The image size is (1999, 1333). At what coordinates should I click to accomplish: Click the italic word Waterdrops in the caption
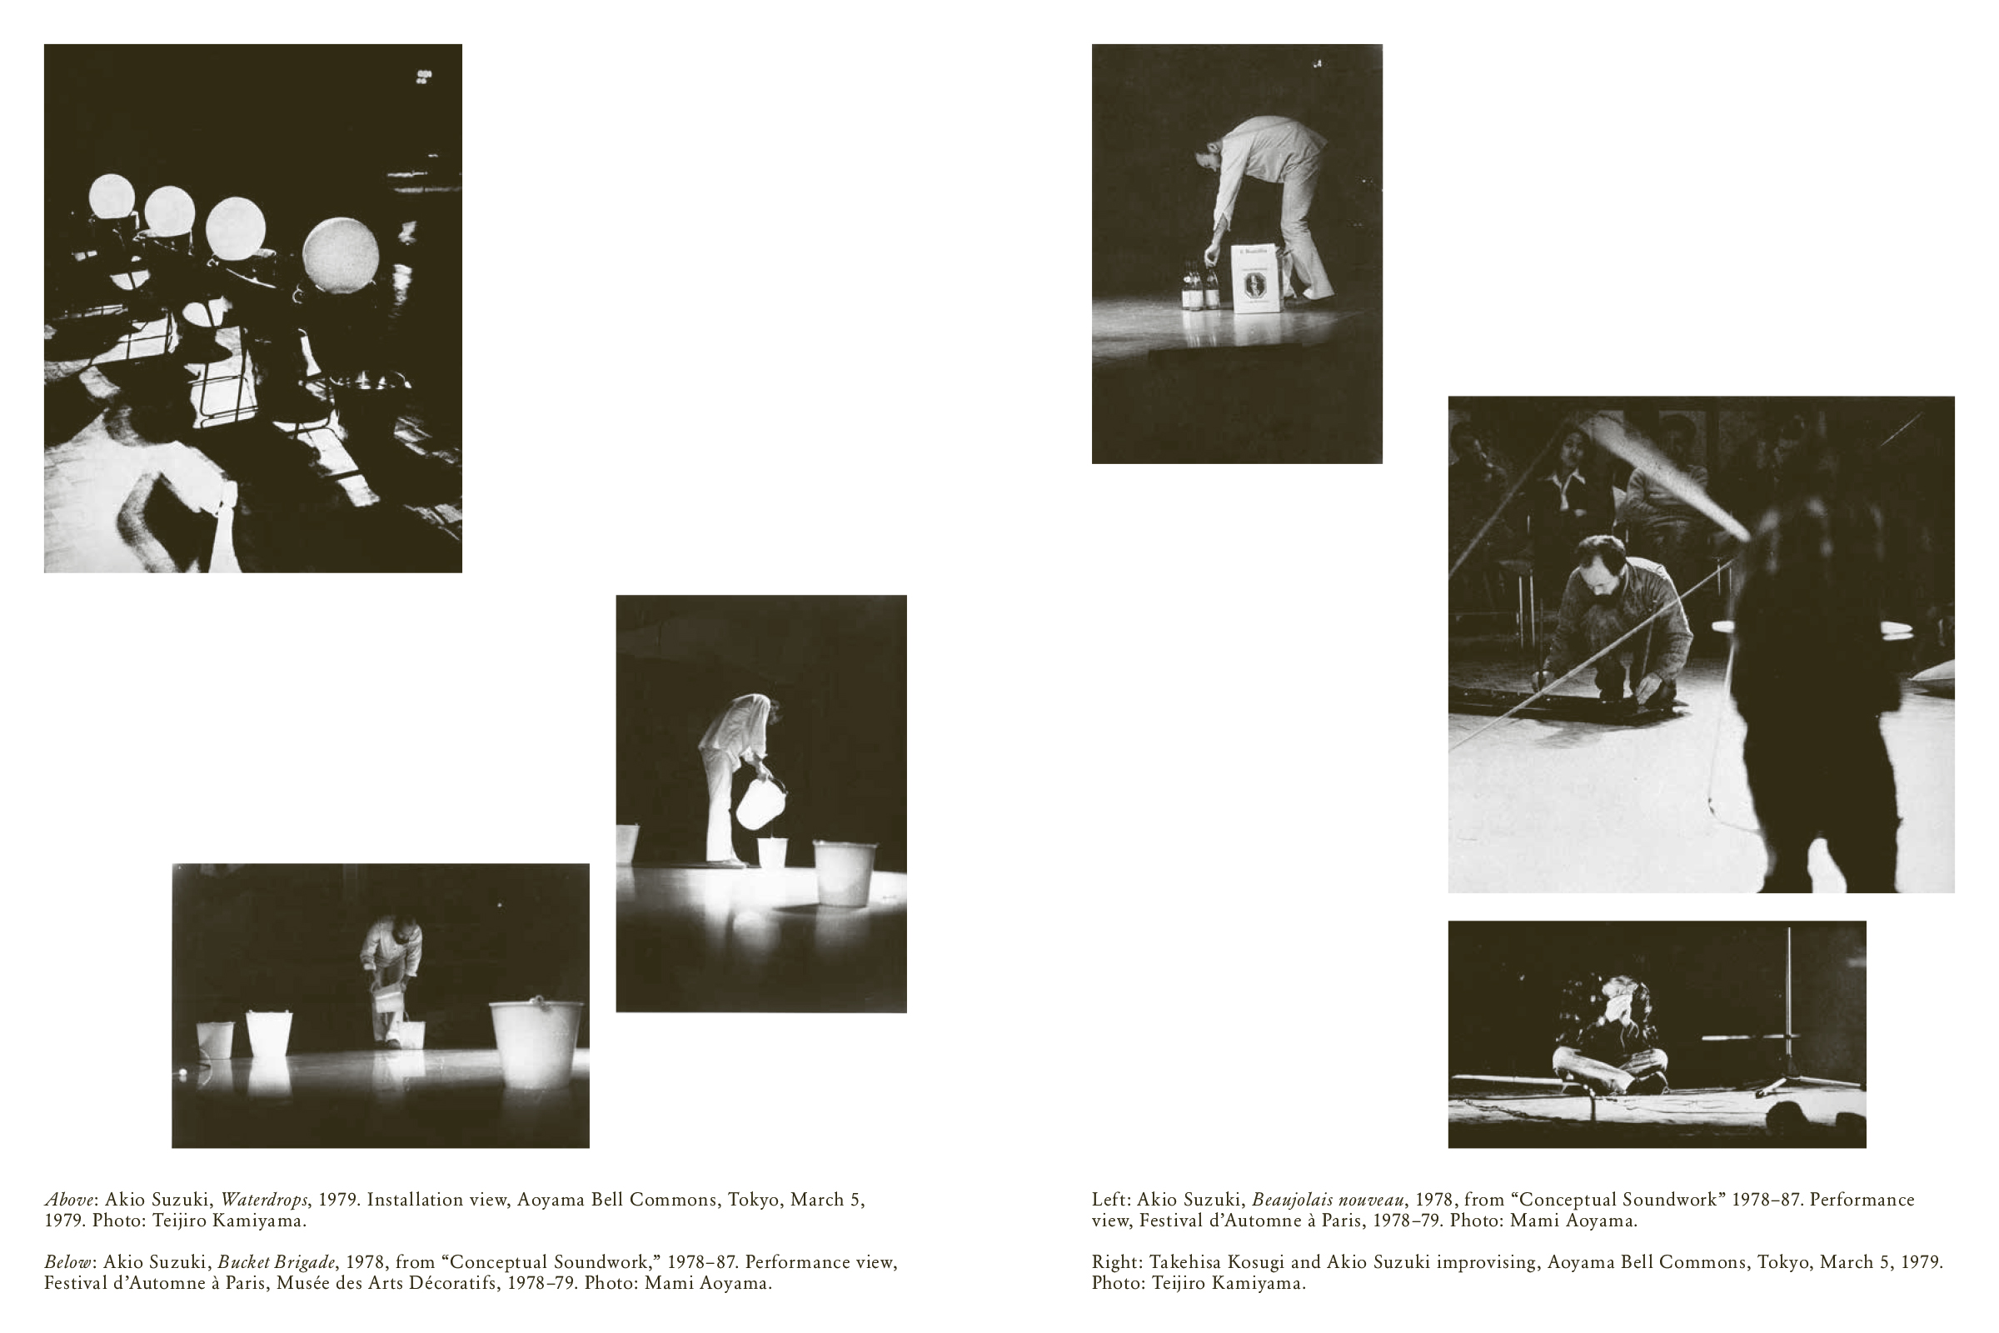click(x=264, y=1200)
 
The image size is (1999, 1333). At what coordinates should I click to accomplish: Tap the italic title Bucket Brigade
click(x=277, y=1261)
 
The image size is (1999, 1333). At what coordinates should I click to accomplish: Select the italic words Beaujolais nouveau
click(x=1329, y=1200)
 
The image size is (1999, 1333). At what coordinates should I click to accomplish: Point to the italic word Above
click(x=69, y=1200)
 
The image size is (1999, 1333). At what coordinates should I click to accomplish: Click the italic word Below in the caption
click(x=67, y=1261)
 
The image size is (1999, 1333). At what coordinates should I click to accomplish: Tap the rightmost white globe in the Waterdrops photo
click(x=340, y=253)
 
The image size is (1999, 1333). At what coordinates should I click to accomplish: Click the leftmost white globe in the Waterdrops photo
click(x=112, y=197)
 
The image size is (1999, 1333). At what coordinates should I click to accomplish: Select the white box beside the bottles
click(x=1256, y=279)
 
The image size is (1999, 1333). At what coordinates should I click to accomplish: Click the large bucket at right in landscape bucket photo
click(x=536, y=1043)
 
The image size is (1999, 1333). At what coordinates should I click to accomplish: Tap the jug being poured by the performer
click(x=760, y=801)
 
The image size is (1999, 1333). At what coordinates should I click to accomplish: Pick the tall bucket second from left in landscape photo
click(x=268, y=1035)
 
